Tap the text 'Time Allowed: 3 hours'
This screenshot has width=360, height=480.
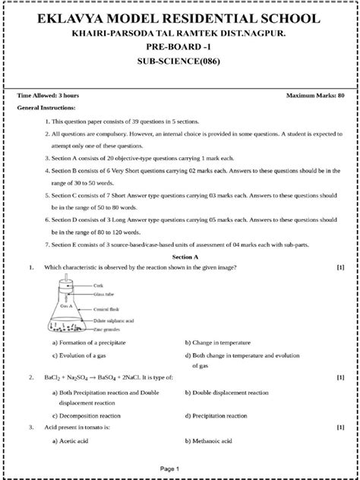tap(48, 96)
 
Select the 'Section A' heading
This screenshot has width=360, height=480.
tap(180, 257)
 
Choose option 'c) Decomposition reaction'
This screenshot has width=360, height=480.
tap(88, 416)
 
